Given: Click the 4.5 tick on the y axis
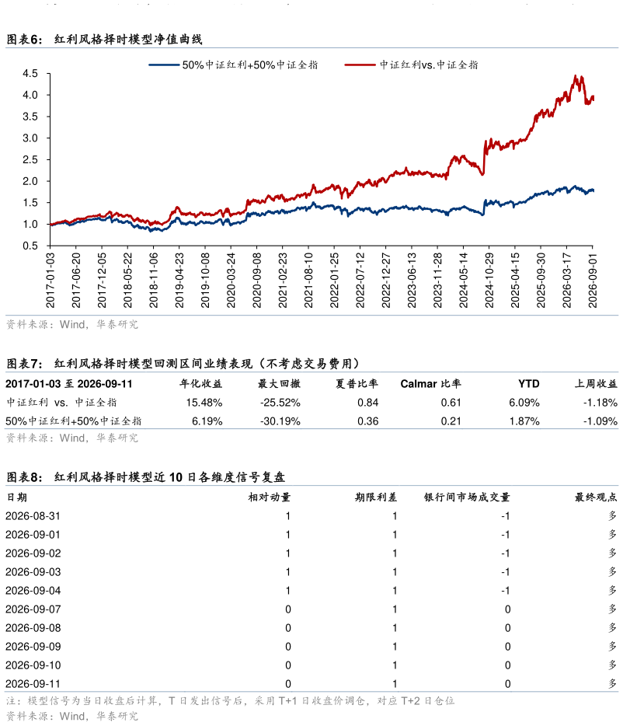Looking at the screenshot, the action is (x=30, y=74).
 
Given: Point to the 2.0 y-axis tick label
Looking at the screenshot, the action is (x=30, y=181).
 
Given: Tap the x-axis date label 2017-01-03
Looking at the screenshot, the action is (x=50, y=280).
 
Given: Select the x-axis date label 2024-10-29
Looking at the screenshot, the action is (x=489, y=280).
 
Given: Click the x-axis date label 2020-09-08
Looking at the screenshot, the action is (x=256, y=280).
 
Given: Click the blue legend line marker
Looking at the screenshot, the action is (x=164, y=65).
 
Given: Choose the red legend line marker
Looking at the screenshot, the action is (x=360, y=65).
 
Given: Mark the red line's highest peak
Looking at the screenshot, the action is (x=576, y=75).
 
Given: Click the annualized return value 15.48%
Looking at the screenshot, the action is (x=204, y=403).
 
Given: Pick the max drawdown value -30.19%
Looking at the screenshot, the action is (x=280, y=421).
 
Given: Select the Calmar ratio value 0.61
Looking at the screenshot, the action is (x=451, y=403).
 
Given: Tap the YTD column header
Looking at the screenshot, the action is (x=528, y=384).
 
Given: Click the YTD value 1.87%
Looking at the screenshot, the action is (x=524, y=421).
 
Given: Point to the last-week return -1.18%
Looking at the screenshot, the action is (x=600, y=403).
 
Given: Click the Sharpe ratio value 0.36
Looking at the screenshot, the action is (x=368, y=421).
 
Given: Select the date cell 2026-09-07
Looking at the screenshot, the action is (x=33, y=609).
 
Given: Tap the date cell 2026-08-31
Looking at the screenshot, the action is (x=33, y=516).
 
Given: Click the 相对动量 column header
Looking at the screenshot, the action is (x=270, y=497).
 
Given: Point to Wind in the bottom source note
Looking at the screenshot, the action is (x=73, y=716).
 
